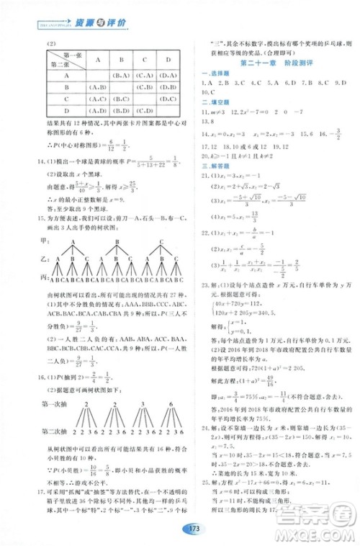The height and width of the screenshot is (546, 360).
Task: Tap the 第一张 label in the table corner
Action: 73,55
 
